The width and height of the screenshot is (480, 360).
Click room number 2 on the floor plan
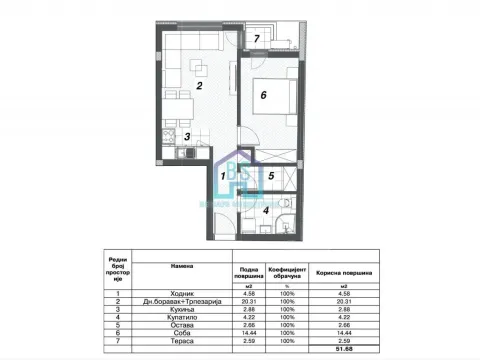(x=200, y=87)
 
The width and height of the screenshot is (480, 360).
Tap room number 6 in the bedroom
(x=263, y=95)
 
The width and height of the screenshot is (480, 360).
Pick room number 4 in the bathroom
(x=265, y=209)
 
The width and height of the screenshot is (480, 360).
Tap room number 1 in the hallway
(x=224, y=177)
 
